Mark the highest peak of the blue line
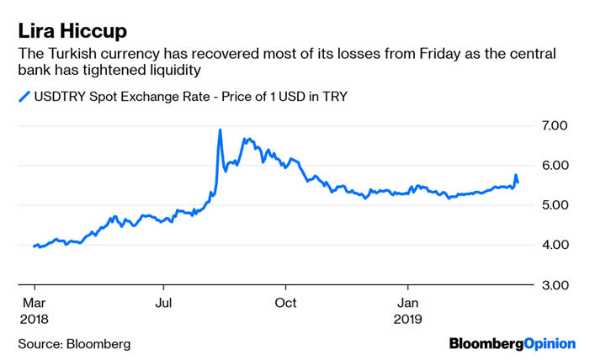[220, 130]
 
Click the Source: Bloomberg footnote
[74, 343]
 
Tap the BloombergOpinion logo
[512, 343]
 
